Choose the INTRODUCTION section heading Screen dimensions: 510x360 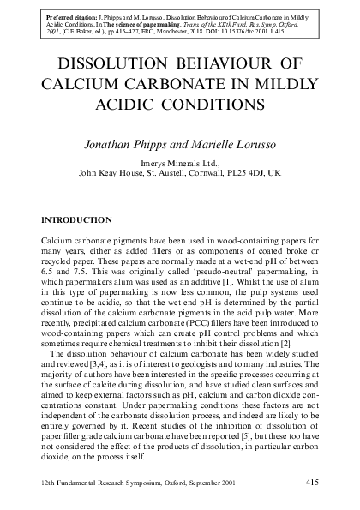(76, 220)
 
